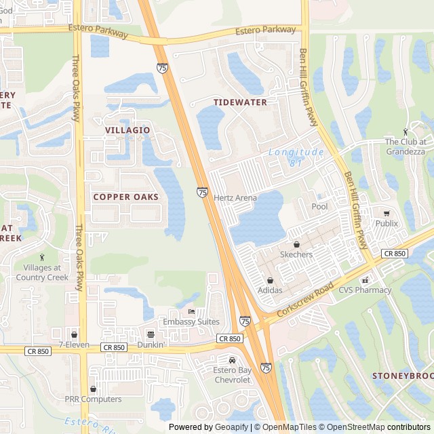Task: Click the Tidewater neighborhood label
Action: (240, 102)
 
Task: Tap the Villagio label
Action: (127, 130)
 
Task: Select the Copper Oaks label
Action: (125, 197)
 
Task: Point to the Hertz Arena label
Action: (235, 198)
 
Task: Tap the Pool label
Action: (319, 206)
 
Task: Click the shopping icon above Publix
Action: (387, 213)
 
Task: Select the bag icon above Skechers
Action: (296, 244)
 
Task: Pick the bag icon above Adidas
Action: (270, 280)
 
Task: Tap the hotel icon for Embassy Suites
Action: (191, 311)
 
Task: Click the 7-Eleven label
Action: (74, 344)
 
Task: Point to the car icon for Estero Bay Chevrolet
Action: (233, 360)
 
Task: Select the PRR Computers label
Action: (93, 399)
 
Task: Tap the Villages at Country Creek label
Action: (42, 272)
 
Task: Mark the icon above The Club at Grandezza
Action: (406, 132)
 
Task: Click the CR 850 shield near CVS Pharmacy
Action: (394, 253)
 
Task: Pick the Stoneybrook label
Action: (403, 375)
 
